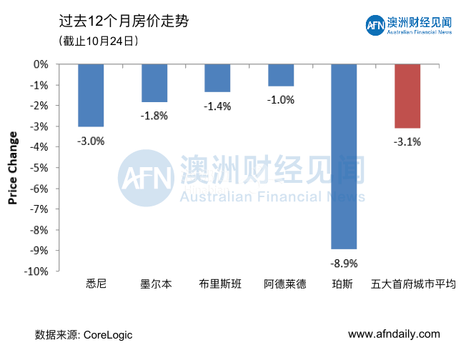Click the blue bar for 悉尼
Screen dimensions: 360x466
pos(91,95)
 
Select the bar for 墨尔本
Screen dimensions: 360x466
pos(154,83)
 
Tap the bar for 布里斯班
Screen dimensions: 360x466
pos(217,78)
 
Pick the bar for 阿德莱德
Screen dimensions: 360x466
pos(281,75)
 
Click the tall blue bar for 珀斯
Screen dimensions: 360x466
pos(344,156)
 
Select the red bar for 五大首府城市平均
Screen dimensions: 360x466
pos(407,96)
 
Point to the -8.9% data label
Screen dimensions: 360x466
pos(344,263)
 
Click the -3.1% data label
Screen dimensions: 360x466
pos(407,141)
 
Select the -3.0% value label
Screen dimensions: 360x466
pos(91,141)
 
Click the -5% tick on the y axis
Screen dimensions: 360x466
pos(40,168)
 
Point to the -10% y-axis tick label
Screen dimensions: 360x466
pos(37,271)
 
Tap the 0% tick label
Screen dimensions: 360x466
pos(41,64)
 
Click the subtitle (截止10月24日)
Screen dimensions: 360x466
pos(98,41)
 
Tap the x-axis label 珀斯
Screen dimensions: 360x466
pos(342,284)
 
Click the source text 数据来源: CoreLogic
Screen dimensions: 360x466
pos(84,334)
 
